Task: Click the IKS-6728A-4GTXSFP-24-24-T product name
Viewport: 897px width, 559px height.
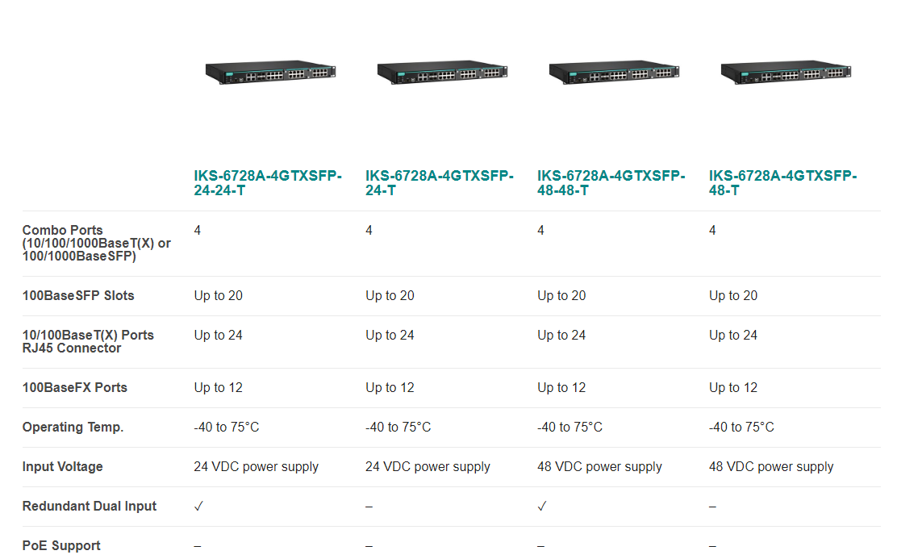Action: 268,183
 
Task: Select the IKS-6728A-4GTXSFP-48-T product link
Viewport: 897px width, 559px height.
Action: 782,183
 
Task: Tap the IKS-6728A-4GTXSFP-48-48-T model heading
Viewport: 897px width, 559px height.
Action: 611,183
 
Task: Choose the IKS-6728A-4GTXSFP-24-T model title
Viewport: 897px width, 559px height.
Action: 440,183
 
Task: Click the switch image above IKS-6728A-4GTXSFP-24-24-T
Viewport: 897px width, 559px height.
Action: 270,72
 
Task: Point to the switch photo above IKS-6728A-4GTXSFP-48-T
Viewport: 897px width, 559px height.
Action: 786,72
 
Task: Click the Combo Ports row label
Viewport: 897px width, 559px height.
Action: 96,243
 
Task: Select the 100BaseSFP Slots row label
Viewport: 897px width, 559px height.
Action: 78,296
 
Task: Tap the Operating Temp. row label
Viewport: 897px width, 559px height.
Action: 73,428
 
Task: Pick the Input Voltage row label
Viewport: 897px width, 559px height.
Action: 62,467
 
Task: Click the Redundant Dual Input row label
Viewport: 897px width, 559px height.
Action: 90,507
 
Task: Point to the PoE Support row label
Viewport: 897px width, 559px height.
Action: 61,546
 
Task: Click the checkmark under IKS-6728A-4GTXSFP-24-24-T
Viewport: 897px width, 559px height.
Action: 198,507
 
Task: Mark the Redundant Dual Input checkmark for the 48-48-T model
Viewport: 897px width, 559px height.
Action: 542,507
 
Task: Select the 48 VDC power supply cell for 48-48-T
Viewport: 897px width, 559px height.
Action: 599,467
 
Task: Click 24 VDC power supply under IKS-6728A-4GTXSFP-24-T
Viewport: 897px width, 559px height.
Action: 428,467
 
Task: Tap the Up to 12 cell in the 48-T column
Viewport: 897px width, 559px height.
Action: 732,388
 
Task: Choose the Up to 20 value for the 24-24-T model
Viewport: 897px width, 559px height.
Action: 218,296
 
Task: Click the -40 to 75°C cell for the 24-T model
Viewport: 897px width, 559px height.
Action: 398,428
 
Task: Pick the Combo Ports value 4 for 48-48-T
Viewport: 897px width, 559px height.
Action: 540,231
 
